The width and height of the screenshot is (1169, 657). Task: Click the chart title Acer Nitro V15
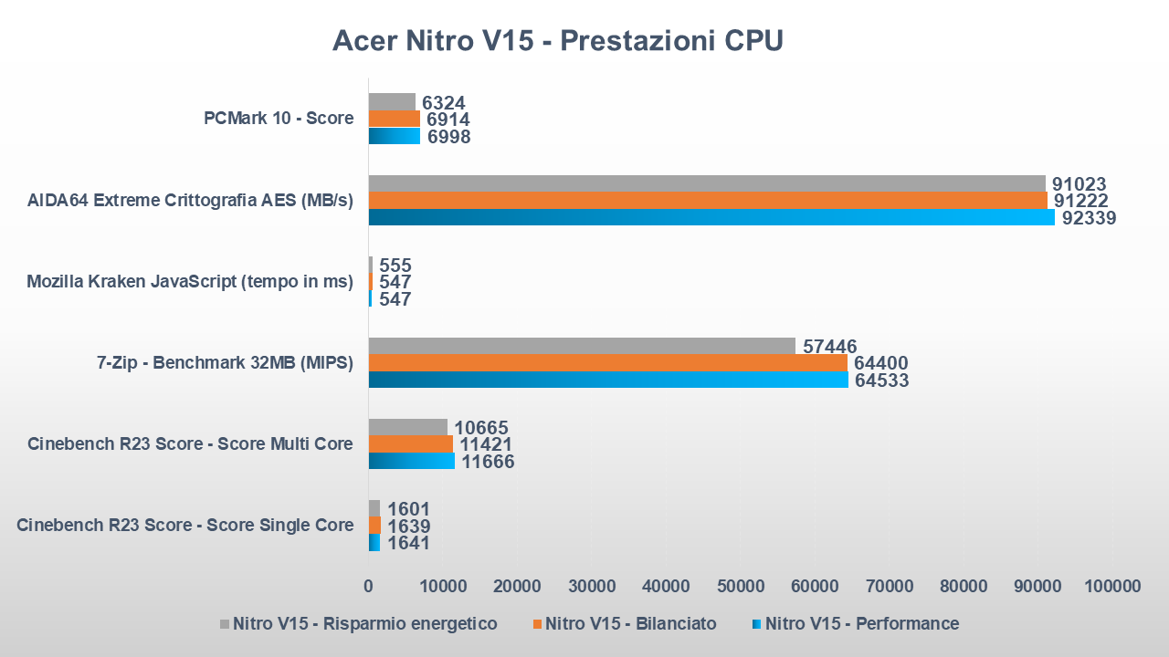point(557,41)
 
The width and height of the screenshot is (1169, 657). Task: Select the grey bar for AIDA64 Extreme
point(706,183)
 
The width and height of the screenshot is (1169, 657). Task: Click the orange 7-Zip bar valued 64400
point(607,363)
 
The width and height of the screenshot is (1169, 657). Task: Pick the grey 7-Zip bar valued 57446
point(581,346)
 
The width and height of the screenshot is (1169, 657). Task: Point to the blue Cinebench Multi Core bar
point(411,461)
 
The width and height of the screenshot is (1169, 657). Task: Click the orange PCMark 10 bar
point(394,119)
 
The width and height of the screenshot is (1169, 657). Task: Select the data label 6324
point(445,102)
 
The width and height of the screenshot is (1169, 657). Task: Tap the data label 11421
point(486,444)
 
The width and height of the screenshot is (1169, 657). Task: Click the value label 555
point(395,266)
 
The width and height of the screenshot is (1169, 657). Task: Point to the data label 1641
point(408,543)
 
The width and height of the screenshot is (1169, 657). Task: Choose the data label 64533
point(881,380)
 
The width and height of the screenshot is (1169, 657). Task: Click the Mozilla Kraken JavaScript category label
point(190,281)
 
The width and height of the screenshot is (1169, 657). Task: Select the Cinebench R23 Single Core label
point(184,525)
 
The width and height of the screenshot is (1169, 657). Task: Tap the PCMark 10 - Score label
point(278,118)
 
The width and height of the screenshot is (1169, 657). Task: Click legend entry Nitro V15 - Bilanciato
point(630,624)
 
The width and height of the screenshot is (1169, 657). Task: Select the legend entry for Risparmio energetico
point(364,624)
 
